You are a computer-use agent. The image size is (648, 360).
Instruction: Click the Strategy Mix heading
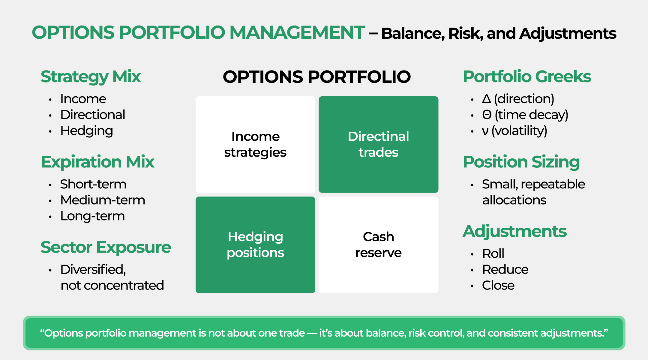tap(91, 76)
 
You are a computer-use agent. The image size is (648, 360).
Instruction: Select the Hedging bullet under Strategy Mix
tap(86, 131)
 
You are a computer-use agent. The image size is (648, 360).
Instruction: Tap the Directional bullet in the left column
tap(92, 115)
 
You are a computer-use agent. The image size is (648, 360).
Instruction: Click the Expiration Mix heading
tap(97, 162)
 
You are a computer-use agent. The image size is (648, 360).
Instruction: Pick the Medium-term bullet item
tap(103, 200)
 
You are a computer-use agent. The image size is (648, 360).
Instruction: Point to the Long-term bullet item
tap(92, 216)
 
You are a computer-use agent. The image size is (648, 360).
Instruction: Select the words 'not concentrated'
tap(112, 285)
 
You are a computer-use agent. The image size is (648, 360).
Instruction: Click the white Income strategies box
tap(255, 144)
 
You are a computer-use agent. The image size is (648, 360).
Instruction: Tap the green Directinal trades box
tap(378, 144)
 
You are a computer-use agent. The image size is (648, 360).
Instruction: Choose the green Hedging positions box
tap(255, 244)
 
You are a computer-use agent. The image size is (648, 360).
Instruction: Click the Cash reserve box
tap(378, 244)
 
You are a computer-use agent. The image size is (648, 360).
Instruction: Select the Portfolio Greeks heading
tap(527, 76)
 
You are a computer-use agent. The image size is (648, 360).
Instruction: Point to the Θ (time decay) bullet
tap(525, 115)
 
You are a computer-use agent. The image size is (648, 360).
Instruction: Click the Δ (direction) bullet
tap(518, 99)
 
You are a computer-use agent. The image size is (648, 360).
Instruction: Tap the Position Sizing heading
tap(521, 162)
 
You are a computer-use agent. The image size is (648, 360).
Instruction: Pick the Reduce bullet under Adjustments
tap(505, 269)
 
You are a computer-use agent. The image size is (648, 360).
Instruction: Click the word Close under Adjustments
tap(498, 285)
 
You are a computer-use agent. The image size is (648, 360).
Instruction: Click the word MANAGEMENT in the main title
tap(297, 32)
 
